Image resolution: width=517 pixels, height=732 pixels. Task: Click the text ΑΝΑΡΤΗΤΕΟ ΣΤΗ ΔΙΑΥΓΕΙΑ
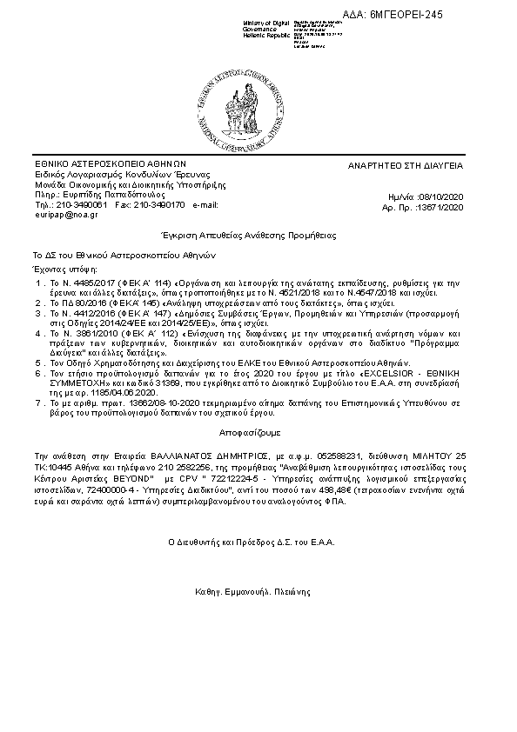coord(419,164)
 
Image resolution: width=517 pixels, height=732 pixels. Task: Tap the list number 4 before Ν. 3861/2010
coord(37,332)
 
